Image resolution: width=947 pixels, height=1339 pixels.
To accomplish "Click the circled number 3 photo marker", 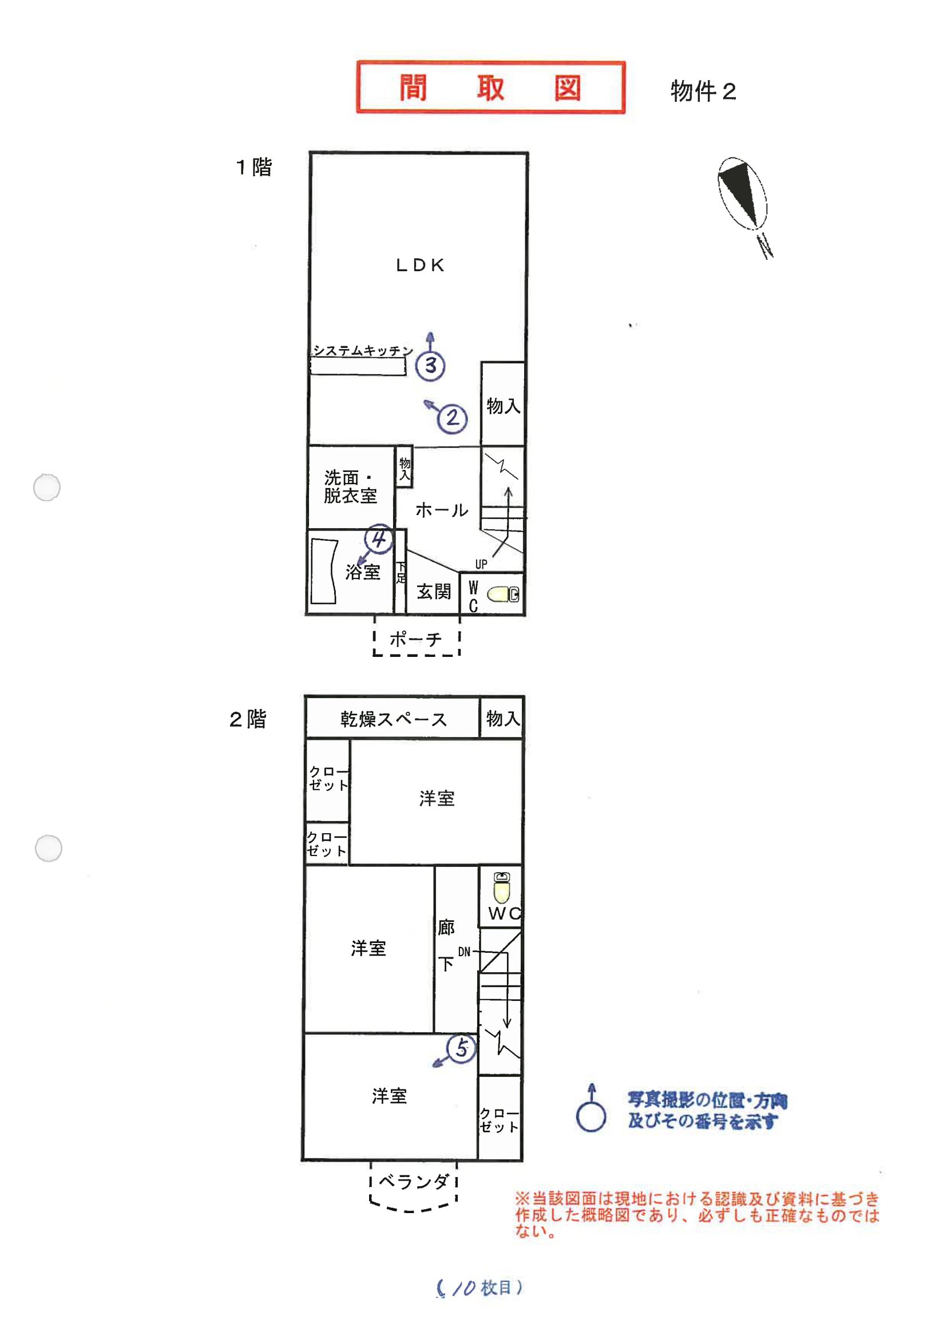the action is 430,366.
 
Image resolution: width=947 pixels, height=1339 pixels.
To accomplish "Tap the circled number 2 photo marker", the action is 453,418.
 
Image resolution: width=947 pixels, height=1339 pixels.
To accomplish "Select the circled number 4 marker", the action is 378,538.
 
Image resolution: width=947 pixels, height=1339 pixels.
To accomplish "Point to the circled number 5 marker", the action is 461,1048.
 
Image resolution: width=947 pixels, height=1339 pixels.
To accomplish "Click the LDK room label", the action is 421,266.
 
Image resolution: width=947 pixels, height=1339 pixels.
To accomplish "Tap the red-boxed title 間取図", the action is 490,88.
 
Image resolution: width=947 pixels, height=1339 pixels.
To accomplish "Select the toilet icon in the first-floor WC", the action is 502,595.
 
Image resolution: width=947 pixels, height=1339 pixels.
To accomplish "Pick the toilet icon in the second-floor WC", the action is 501,887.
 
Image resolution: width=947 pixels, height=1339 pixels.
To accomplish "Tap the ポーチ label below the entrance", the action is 416,639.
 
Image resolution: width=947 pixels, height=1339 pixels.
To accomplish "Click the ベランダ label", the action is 414,1182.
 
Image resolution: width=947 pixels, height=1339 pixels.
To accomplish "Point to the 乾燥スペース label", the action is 394,719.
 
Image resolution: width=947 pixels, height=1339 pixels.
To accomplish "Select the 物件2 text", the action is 703,91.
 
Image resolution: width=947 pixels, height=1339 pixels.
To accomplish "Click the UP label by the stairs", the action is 481,564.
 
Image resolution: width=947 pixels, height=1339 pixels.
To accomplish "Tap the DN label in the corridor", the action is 464,952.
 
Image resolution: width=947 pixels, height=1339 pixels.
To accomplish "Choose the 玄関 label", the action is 434,592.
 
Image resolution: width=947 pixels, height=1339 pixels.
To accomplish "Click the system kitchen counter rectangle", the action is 358,366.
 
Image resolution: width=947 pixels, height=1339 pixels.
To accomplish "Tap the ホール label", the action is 442,510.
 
